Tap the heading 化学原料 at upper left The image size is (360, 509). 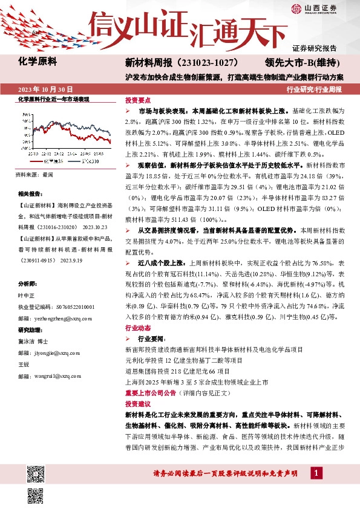[x=38, y=62]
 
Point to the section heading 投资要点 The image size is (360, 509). [x=138, y=100]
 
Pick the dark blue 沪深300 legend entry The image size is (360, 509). [x=79, y=162]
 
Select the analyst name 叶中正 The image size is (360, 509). [x=27, y=295]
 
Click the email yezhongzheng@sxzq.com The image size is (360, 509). [x=62, y=318]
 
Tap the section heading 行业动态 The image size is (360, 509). [x=138, y=327]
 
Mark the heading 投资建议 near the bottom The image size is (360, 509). [x=138, y=403]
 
